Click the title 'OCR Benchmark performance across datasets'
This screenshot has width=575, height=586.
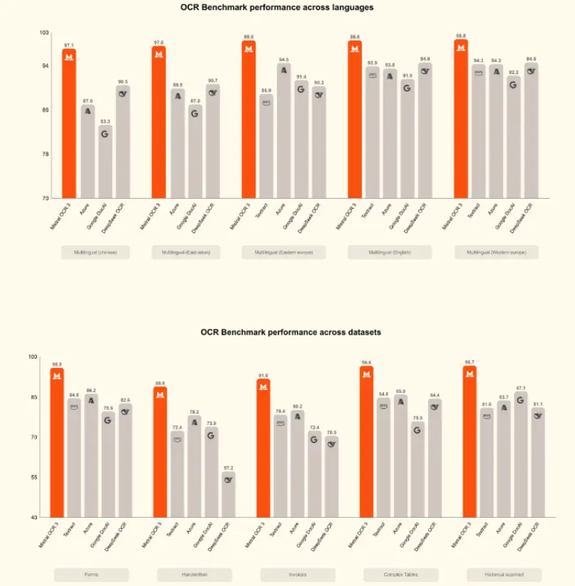click(x=290, y=332)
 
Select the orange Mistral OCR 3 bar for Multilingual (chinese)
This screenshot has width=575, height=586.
click(x=69, y=124)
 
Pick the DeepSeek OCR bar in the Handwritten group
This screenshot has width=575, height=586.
click(x=229, y=494)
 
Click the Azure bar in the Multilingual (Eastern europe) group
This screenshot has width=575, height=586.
click(x=283, y=131)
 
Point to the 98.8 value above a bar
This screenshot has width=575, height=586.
click(x=461, y=36)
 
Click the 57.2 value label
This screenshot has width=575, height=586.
click(x=229, y=468)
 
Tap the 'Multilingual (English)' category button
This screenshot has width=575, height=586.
click(x=389, y=252)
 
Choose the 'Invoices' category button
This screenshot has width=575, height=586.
click(x=298, y=574)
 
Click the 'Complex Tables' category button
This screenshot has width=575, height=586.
click(x=401, y=574)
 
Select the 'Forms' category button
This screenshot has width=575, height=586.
click(x=92, y=574)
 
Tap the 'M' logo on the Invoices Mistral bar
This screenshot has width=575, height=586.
click(x=263, y=386)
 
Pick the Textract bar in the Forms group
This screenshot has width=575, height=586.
click(x=75, y=458)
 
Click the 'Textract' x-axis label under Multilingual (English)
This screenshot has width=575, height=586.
click(x=369, y=213)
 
